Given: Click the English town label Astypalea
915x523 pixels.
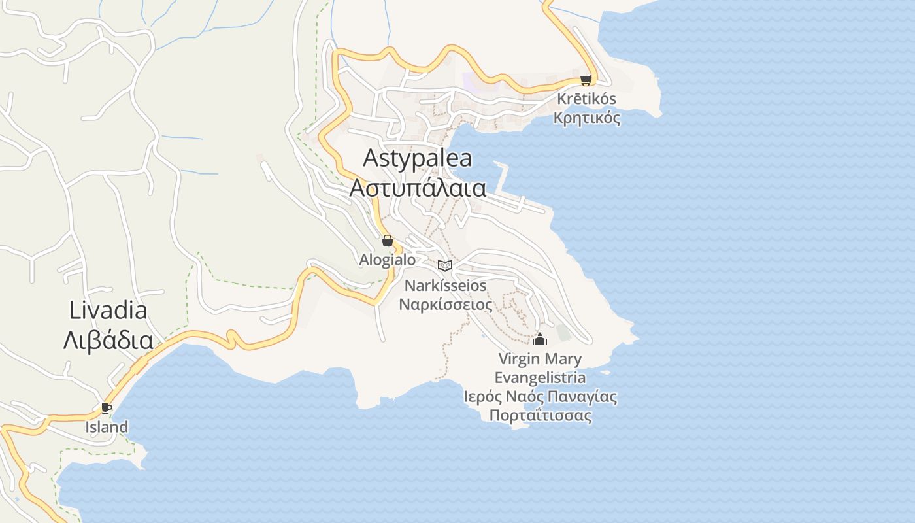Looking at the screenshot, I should coord(417,158).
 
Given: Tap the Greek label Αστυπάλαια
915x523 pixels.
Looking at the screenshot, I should coord(418,188).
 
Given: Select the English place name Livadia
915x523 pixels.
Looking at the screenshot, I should coord(108,311).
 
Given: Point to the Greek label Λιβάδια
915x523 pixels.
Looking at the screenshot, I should coord(108,340).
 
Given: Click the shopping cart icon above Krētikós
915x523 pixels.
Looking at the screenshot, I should coord(586,80).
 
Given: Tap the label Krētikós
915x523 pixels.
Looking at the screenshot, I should coord(586,99).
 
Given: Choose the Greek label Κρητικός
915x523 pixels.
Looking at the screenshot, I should coord(586,118).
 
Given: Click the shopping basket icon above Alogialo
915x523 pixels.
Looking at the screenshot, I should coord(388,241).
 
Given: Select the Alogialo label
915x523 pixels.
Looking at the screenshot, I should coord(387,260).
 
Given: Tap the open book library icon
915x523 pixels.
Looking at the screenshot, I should coord(445,265).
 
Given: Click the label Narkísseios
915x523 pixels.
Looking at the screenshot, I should coord(445,286).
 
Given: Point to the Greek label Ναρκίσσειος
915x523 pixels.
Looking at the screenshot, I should coord(445,304).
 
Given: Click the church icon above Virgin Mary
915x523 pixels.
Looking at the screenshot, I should coord(540,339).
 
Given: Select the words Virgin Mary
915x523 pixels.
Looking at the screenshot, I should coord(540,359).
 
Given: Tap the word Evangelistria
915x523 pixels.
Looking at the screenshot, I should coord(540,378).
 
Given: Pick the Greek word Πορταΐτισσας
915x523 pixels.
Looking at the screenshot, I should coord(540,416).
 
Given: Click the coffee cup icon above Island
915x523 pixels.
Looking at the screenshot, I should coord(107,409).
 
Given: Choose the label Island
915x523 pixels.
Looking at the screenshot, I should coord(107,428).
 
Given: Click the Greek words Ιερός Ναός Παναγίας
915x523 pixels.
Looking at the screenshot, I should coord(540,397).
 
